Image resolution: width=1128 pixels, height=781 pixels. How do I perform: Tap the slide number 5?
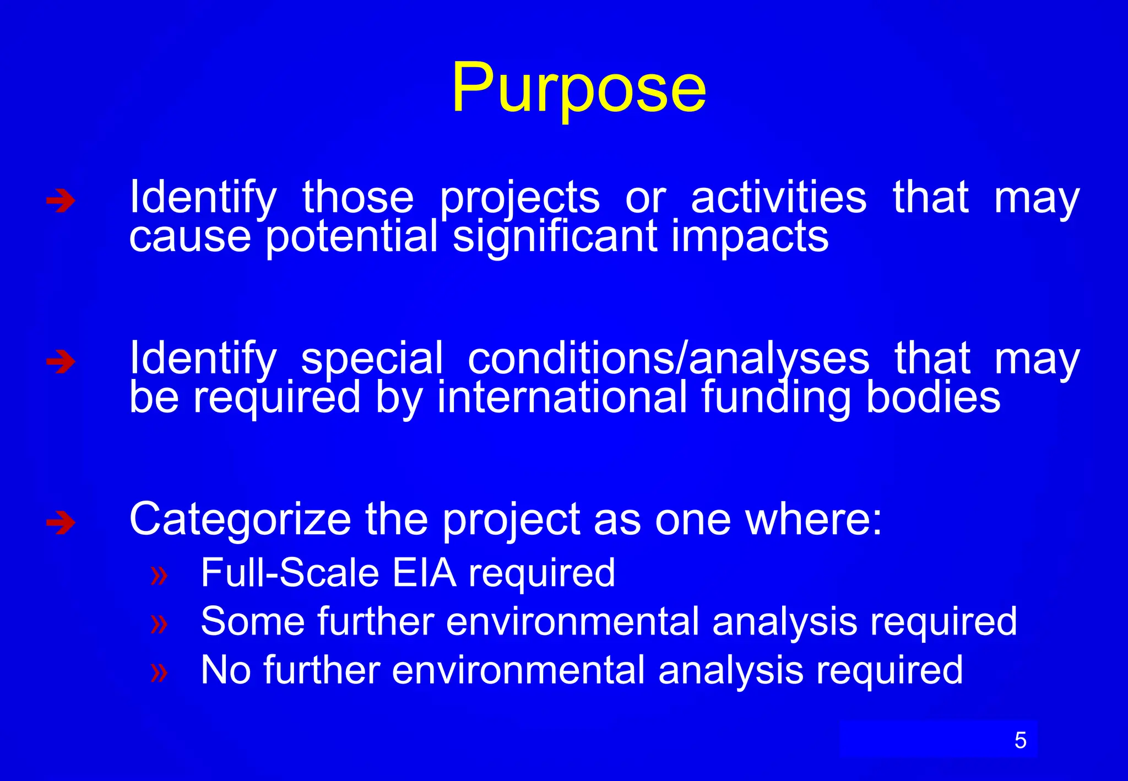[x=1020, y=740]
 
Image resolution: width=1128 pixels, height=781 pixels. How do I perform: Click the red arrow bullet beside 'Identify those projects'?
[x=61, y=201]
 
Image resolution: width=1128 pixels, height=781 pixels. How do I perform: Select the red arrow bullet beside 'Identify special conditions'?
[x=61, y=362]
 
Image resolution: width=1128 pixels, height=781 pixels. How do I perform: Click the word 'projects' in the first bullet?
[x=519, y=198]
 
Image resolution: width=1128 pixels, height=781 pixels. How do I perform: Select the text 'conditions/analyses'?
[x=668, y=359]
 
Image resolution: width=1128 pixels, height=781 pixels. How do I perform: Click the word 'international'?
[x=562, y=398]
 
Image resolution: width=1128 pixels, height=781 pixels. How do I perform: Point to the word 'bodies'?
[x=933, y=398]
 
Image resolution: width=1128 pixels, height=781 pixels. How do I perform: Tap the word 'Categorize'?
[x=240, y=520]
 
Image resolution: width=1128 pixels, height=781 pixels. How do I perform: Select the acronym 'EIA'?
[x=424, y=573]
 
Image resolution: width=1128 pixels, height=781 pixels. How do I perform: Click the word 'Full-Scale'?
[x=290, y=573]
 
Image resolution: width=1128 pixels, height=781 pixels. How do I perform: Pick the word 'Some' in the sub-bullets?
[x=253, y=621]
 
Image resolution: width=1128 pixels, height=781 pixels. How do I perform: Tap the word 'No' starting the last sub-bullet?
[x=226, y=670]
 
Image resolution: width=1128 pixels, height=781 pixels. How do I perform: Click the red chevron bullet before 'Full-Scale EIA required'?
[x=159, y=575]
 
